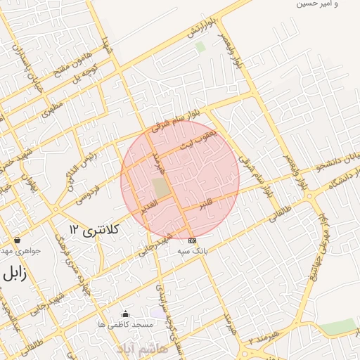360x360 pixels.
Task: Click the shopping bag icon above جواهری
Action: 17,240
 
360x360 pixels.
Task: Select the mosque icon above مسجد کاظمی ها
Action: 125,314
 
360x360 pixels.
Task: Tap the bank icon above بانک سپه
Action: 192,240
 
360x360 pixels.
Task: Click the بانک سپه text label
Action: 192,251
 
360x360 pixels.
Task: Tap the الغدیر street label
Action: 153,209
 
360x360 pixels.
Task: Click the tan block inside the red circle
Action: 161,188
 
